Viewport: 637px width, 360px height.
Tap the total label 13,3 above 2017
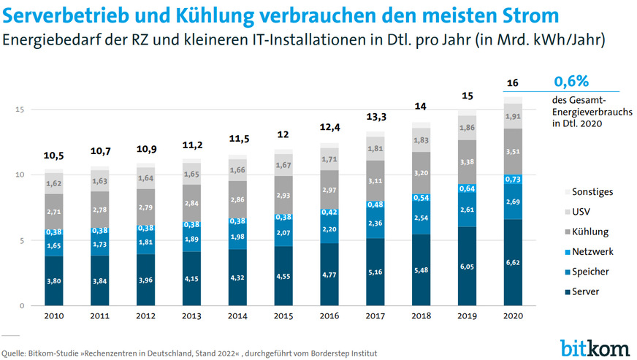coord(376,117)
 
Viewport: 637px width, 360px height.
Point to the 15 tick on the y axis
coord(22,110)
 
